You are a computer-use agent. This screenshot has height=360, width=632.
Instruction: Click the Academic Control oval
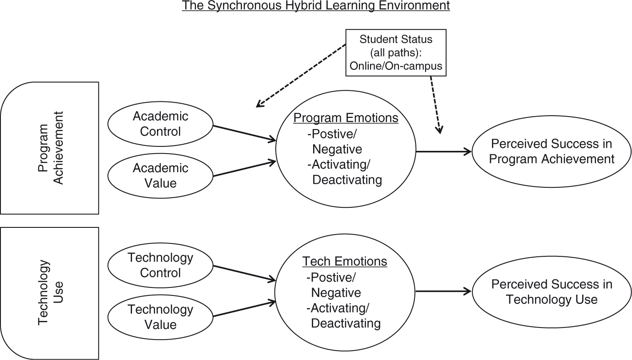point(161,124)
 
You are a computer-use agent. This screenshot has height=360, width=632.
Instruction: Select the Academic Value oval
point(161,176)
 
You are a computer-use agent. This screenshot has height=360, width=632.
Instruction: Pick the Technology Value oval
point(161,316)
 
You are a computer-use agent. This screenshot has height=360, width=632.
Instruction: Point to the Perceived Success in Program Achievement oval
point(551,151)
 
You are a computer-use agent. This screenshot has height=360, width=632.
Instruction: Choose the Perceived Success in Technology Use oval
point(551,291)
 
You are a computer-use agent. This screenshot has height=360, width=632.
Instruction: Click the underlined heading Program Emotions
point(346,118)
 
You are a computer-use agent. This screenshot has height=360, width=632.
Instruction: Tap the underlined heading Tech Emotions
point(345,261)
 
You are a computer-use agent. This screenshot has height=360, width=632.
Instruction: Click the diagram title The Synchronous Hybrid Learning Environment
point(316,6)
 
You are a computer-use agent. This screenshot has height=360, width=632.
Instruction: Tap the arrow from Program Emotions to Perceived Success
point(443,152)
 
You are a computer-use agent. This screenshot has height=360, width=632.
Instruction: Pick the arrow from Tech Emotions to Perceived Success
point(443,291)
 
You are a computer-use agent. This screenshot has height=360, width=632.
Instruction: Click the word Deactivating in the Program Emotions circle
point(347,180)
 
